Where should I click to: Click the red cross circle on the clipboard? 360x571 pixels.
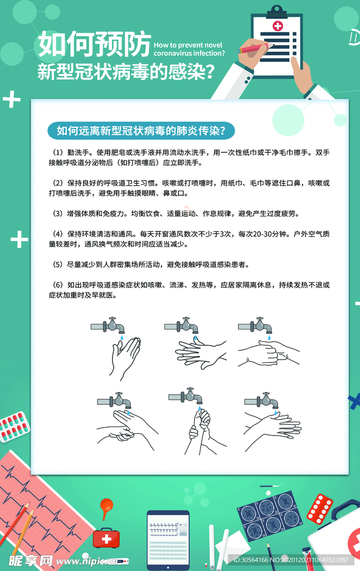pos(278,26)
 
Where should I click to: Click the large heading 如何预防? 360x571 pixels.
pos(94,43)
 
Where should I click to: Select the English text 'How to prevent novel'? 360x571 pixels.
pos(188,45)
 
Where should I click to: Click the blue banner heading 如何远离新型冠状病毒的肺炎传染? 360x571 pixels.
pos(141,130)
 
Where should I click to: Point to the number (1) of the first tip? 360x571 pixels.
pos(58,152)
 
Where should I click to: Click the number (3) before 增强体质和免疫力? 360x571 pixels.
pos(58,214)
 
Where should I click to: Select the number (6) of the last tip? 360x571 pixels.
pos(58,285)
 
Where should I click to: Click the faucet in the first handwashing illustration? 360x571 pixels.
pos(108,325)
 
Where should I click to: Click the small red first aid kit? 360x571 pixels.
pos(106,538)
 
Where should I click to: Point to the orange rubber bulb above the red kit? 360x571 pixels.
pos(106,506)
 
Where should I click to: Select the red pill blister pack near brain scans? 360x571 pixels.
pos(319,509)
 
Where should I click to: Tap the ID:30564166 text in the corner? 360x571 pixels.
pos(251,560)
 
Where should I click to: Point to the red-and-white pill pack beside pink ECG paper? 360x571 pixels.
pos(14,427)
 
